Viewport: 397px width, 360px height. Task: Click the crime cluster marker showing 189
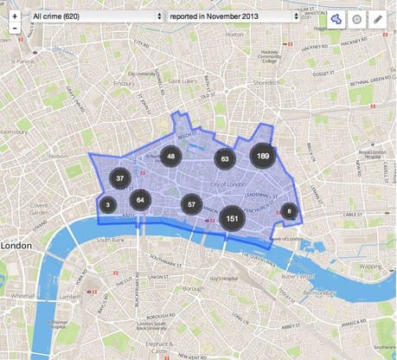(x=262, y=157)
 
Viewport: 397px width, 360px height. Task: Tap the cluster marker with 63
(x=225, y=159)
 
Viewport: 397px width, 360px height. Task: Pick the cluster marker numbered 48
(x=171, y=157)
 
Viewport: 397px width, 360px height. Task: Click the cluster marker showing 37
(x=119, y=179)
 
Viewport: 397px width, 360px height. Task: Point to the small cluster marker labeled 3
(x=107, y=205)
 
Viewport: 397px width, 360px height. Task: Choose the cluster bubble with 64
(x=140, y=200)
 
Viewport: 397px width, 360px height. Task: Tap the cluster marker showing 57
(x=191, y=204)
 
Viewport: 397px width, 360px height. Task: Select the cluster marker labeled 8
(x=289, y=210)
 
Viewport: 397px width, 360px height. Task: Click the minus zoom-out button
(x=16, y=28)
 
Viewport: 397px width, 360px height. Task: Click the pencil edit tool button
(x=378, y=19)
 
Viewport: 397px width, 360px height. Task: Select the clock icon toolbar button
(x=357, y=19)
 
